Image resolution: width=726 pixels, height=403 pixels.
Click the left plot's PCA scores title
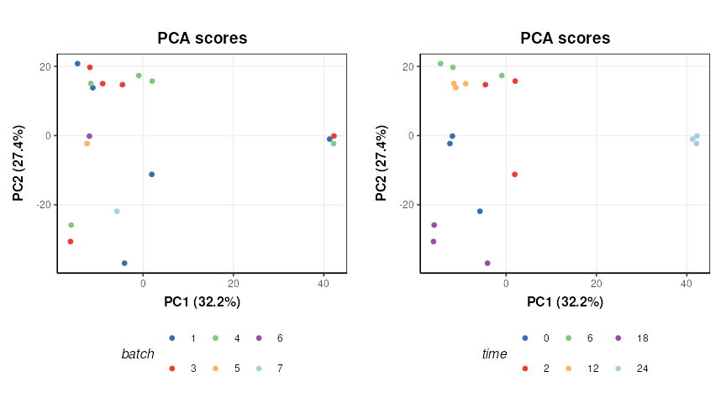tap(202, 39)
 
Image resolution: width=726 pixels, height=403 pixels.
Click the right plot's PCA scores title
tap(565, 39)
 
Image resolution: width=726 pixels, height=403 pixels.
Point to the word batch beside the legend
tap(138, 354)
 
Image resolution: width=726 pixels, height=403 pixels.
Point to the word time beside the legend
tap(494, 354)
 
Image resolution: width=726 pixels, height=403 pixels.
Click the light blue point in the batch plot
tap(117, 212)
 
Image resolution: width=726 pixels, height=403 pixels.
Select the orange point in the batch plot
tap(87, 144)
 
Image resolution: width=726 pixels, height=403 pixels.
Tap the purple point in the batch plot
tap(89, 136)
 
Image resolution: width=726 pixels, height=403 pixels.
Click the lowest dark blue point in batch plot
tap(124, 264)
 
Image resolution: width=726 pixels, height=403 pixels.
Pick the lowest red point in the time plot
tap(514, 175)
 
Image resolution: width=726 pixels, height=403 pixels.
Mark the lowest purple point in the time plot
tap(487, 264)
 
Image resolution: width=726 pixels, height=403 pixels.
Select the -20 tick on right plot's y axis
tap(409, 205)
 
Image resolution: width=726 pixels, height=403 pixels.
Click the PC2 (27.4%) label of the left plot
tap(18, 163)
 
